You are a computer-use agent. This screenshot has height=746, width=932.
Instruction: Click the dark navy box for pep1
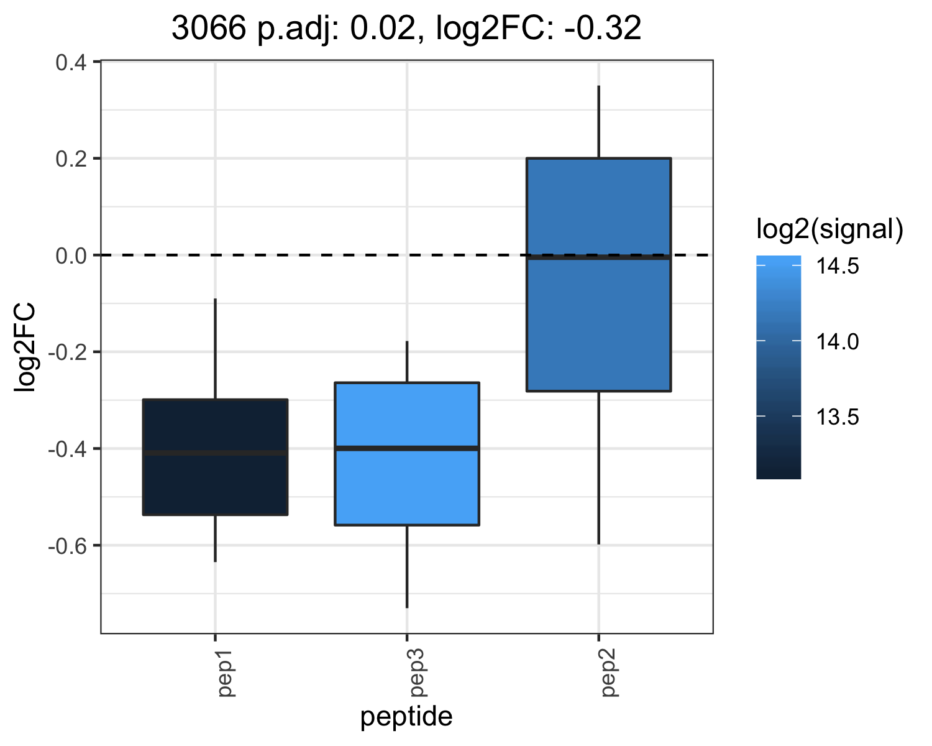[215, 457]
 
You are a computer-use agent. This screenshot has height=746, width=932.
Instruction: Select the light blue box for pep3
[407, 454]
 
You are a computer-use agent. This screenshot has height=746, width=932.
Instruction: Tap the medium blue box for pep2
[599, 275]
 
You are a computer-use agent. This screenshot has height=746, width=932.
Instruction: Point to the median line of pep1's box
[215, 453]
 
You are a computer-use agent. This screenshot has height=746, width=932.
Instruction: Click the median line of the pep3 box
[407, 448]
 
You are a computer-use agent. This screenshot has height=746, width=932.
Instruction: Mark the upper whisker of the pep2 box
[599, 122]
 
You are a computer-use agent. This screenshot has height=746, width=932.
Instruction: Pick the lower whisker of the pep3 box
[407, 566]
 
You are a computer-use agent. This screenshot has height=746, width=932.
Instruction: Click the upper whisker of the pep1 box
[215, 349]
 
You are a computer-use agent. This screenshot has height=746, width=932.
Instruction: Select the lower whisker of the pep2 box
[599, 467]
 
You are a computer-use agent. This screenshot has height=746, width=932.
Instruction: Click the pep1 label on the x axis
[226, 673]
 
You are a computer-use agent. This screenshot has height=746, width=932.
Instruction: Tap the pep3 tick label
[418, 673]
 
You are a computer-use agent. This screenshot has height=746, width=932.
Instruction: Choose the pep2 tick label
[610, 673]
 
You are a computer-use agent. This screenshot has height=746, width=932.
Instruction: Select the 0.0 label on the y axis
[71, 256]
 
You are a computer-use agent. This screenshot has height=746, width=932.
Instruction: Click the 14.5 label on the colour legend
[837, 265]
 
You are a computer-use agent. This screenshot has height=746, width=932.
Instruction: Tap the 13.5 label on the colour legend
[837, 417]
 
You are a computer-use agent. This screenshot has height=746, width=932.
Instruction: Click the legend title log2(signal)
[830, 229]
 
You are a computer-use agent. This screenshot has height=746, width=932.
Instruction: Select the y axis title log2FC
[25, 348]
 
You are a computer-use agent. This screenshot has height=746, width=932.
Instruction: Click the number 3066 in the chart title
[209, 28]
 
